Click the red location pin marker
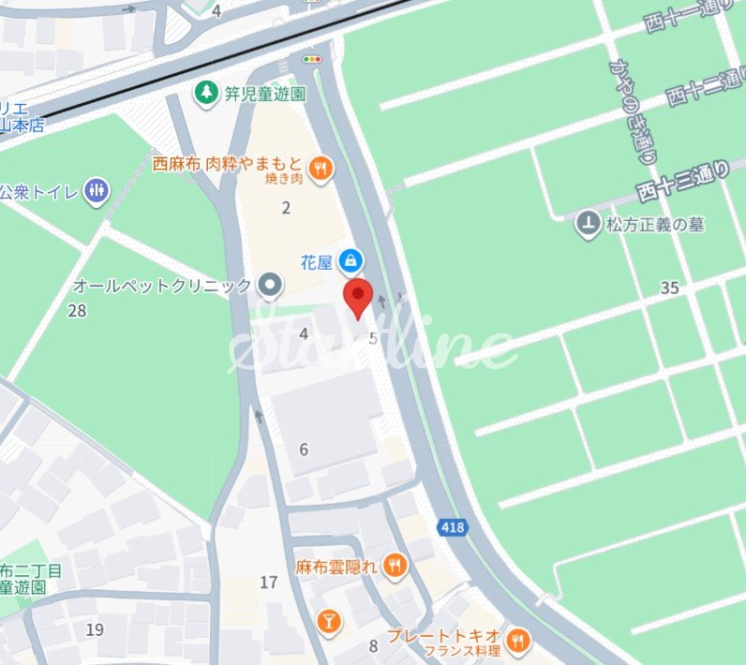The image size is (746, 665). pos(358,297)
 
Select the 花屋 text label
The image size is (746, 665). pos(317,262)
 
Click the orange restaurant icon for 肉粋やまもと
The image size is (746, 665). pos(321,168)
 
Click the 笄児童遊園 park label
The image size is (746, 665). pos(263,94)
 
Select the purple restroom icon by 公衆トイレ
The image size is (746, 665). pos(96,192)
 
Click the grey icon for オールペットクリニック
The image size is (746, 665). pos(270,286)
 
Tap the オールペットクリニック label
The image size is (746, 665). pos(162,286)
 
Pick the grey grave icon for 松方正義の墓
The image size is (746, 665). pos(588,224)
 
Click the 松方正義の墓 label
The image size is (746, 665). pos(654,224)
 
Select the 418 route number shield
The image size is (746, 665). pos(452,528)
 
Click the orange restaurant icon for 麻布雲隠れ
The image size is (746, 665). pos(395,565)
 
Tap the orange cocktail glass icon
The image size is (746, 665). pos(328,619)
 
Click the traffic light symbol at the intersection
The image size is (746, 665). pos(312,59)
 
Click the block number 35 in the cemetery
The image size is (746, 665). pos(669,288)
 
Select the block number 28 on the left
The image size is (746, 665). pos(77,310)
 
